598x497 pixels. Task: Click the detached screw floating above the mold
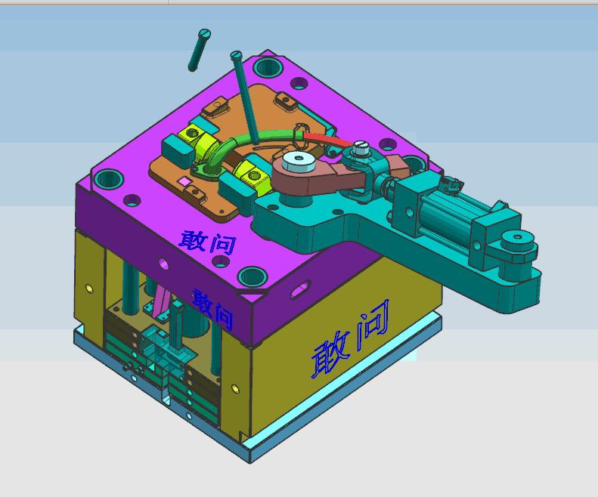pos(199,50)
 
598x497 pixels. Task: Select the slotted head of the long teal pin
pos(236,55)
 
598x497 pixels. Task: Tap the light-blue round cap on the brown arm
pos(295,161)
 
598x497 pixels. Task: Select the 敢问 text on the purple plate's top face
pos(207,241)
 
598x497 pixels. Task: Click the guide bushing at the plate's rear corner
pos(269,67)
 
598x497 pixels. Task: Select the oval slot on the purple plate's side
pos(299,291)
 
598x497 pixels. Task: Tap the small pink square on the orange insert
pos(183,183)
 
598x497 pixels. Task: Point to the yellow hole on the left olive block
pos(90,288)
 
